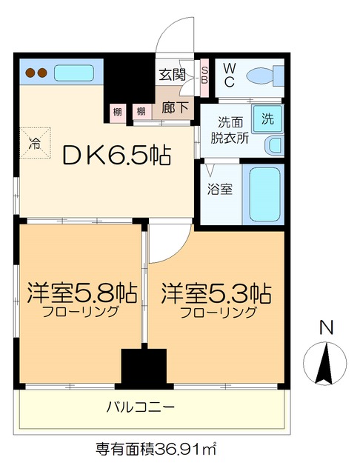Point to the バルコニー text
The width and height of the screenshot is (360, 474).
(141, 407)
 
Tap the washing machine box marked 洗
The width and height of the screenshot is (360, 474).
(267, 117)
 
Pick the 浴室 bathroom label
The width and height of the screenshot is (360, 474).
(220, 189)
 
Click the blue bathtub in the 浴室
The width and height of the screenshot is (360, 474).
(263, 194)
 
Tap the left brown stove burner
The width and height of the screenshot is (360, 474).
(31, 73)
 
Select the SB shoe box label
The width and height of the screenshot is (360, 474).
(205, 76)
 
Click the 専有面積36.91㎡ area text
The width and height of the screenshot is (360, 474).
(156, 449)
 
